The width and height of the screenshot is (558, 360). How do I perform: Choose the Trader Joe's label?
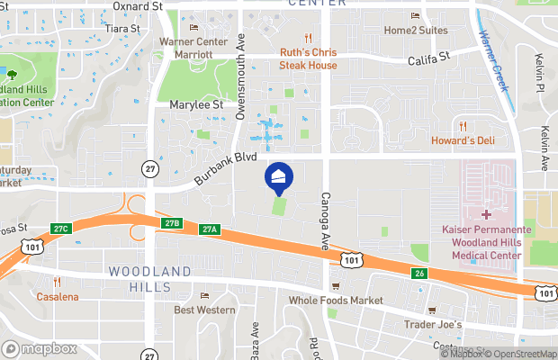(x=432, y=324)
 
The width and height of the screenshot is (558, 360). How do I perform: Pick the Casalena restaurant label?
(x=56, y=296)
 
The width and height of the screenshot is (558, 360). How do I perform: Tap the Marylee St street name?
(x=196, y=105)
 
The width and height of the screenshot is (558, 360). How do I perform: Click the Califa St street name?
(x=427, y=58)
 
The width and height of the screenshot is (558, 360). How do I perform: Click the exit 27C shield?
(x=60, y=229)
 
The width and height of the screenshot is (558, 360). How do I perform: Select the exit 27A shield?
(x=210, y=229)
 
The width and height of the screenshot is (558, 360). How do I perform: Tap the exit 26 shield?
(x=418, y=274)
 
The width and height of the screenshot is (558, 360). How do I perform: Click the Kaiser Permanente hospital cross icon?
(x=486, y=214)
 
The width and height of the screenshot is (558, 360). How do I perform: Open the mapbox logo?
(x=40, y=348)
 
